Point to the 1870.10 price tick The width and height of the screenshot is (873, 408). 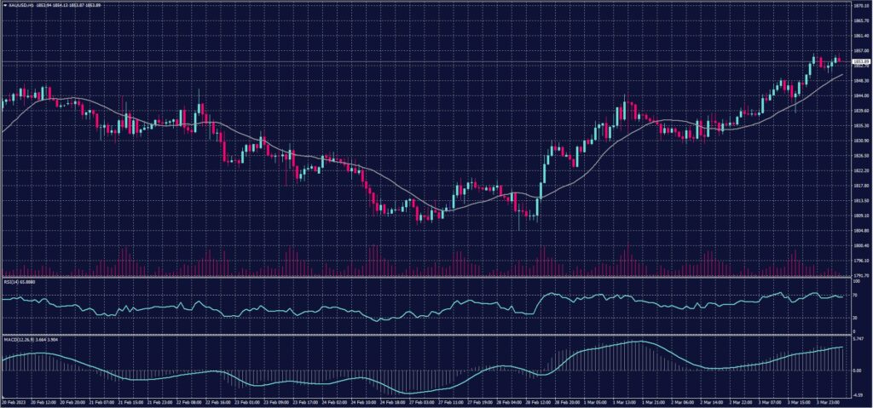(859, 5)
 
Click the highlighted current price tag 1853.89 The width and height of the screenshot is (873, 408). (859, 60)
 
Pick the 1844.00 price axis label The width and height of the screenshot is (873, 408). (859, 95)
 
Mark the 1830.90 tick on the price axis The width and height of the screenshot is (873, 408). (859, 141)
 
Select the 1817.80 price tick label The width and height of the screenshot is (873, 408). (859, 185)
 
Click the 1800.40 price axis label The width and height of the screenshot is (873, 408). (859, 245)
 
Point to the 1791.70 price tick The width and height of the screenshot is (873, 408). (859, 275)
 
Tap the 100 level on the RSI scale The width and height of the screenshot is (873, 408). (855, 280)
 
